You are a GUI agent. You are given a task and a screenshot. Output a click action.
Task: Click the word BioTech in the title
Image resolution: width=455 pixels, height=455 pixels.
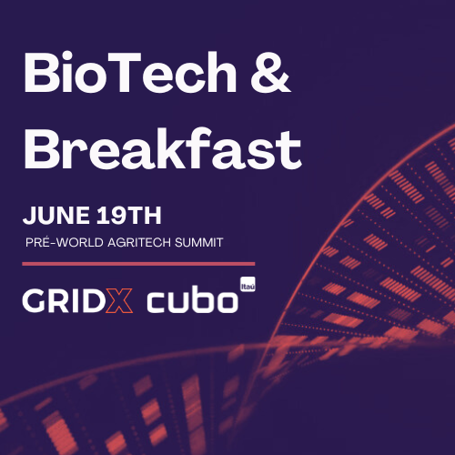pos(130,72)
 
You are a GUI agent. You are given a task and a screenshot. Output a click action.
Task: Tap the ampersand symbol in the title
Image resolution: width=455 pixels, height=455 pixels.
pos(270,72)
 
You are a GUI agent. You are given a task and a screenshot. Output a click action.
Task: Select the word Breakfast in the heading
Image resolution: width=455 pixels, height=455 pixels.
pos(163,148)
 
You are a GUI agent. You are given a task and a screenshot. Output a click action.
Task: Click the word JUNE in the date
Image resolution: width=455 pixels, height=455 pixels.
pos(56,216)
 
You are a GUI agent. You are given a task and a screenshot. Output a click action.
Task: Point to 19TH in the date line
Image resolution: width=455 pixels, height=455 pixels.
pos(128,216)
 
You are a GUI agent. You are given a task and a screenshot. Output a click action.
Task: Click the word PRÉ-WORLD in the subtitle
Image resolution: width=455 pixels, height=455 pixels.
pos(65,242)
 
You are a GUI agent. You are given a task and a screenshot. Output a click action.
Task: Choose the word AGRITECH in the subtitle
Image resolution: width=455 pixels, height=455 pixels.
pos(139,242)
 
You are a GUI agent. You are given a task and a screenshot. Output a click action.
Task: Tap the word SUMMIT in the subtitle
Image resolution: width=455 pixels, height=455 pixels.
pos(199,242)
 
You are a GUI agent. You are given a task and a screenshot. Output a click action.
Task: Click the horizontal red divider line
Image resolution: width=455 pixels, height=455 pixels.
pos(138,264)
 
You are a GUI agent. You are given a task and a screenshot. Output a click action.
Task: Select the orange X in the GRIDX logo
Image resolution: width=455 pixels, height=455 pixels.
pos(119,300)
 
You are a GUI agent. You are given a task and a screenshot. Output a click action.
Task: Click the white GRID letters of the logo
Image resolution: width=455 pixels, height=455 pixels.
pos(64,300)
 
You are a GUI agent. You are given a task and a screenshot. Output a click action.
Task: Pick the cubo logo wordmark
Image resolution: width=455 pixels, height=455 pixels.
pos(193,298)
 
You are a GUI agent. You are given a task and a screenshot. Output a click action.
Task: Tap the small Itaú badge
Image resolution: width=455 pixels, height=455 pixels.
pos(248,284)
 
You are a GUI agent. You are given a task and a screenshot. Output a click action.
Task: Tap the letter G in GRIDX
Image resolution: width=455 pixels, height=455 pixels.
pos(35,300)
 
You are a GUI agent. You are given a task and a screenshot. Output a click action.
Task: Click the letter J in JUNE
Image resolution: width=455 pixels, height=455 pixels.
pos(29,216)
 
